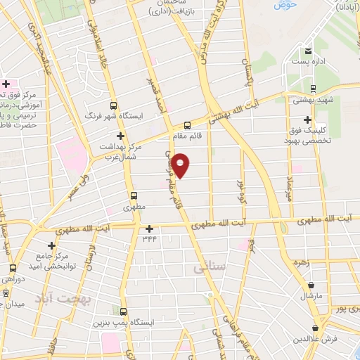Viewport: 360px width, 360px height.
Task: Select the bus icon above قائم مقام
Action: tap(187, 125)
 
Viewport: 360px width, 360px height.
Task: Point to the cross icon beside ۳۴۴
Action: tap(149, 229)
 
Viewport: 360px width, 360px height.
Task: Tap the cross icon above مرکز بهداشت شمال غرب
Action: tap(120, 136)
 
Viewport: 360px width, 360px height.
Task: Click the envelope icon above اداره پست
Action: tap(308, 51)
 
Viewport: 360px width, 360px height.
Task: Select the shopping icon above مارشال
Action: tap(311, 285)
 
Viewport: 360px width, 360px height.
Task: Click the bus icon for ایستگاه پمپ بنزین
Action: tap(123, 311)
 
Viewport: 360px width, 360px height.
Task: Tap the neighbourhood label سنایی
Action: tap(207, 267)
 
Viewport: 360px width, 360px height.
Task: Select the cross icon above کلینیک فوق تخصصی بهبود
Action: tap(308, 120)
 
